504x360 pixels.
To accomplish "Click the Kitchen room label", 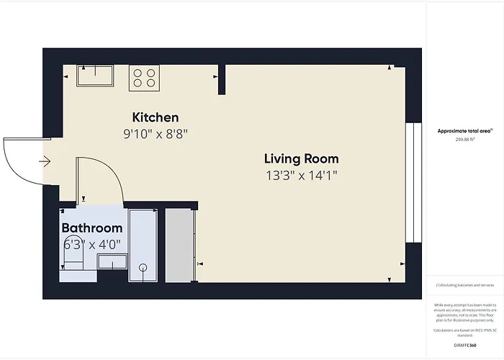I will tap(156, 117).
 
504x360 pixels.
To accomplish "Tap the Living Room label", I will tap(301, 158).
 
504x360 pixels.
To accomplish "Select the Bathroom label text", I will tap(91, 228).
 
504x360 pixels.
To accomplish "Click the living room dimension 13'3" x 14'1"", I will tap(301, 174).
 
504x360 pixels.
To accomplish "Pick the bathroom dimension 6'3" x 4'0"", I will tap(91, 244).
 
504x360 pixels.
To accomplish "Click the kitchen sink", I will tap(96, 76).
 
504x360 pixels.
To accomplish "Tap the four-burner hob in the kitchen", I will tap(144, 77).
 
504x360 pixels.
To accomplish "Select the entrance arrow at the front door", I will tap(45, 161).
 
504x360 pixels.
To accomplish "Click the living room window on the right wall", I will tap(413, 183).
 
